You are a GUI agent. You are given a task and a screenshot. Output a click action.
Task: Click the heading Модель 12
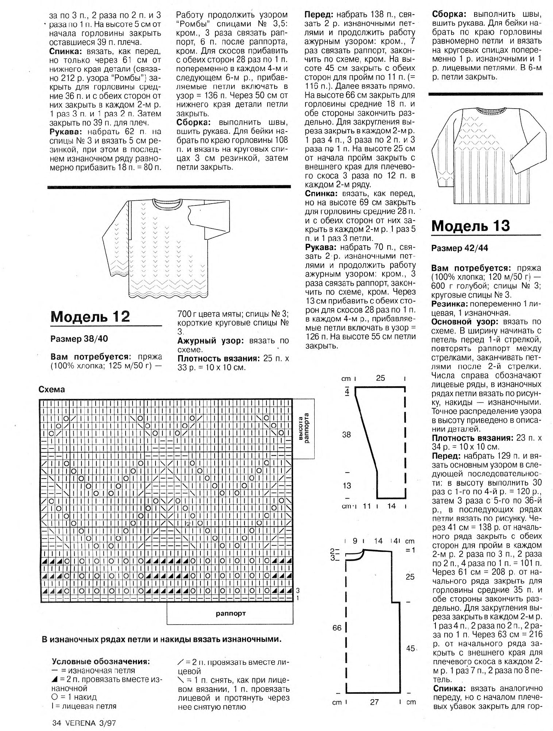click(x=90, y=316)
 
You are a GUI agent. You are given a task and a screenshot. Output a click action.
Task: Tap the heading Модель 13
click(x=471, y=226)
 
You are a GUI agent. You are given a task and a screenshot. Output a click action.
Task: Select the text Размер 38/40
click(x=79, y=338)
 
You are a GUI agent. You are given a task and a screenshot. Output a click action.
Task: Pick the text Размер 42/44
click(x=460, y=248)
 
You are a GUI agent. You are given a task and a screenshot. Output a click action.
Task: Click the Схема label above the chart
click(x=51, y=390)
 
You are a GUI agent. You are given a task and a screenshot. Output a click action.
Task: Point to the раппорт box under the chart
click(x=230, y=614)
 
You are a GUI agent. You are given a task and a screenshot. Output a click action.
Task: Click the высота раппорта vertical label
click(x=304, y=428)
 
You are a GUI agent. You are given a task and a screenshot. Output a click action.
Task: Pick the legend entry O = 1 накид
click(x=74, y=697)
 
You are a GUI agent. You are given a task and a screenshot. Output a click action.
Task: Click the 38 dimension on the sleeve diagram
click(x=346, y=435)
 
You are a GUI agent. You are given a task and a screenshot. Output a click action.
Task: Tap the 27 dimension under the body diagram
click(x=375, y=702)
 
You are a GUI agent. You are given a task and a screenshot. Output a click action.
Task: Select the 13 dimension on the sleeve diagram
click(x=347, y=485)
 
